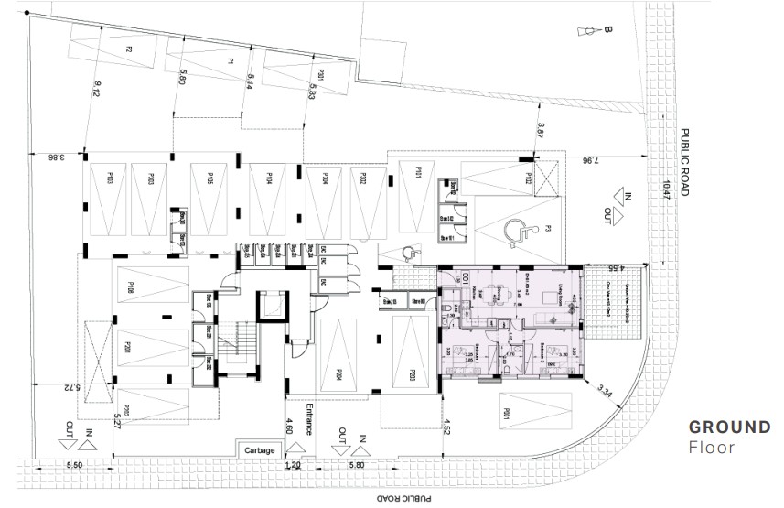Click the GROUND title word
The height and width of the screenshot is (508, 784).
[729, 427]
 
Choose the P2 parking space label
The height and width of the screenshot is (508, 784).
[130, 48]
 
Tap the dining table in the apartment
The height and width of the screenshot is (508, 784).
[491, 295]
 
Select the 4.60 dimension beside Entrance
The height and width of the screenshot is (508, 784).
[289, 426]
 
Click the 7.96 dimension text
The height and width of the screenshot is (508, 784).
[593, 161]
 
